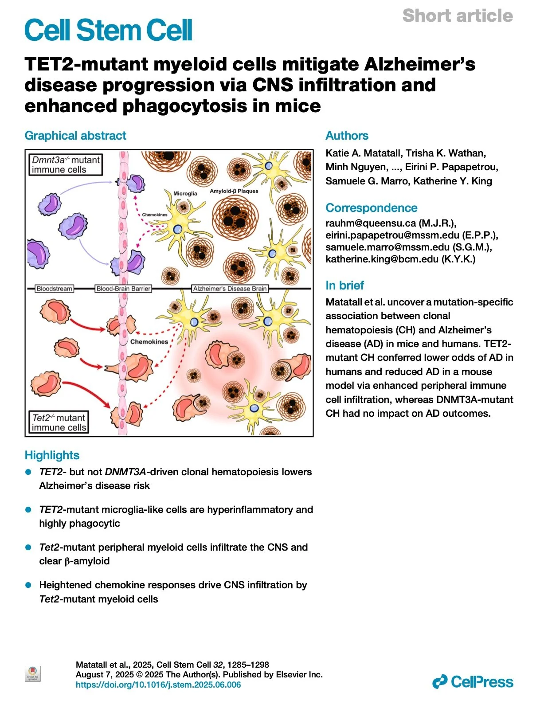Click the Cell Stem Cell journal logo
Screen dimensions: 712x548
pos(108,30)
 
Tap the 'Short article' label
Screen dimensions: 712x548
pos(458,16)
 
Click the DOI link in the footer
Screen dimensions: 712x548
pos(158,685)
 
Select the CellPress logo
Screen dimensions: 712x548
pos(473,681)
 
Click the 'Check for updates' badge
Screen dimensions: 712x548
pos(33,674)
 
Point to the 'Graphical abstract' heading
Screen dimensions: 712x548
pos(75,136)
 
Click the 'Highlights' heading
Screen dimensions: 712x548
pos(52,455)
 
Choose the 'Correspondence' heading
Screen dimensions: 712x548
pos(371,208)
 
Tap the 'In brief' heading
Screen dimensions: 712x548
pos(344,285)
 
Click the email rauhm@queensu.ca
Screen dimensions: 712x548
pos(371,223)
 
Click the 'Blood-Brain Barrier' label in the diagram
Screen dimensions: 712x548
pos(124,289)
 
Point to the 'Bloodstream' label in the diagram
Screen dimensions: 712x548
pos(54,289)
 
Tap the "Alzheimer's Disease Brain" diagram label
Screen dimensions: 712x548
pos(230,289)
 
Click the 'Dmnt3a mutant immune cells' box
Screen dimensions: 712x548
pos(66,164)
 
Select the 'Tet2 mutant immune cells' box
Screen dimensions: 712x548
pos(59,422)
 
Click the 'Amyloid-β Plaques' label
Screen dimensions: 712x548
pos(234,191)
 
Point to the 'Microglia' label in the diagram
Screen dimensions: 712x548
pos(185,193)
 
